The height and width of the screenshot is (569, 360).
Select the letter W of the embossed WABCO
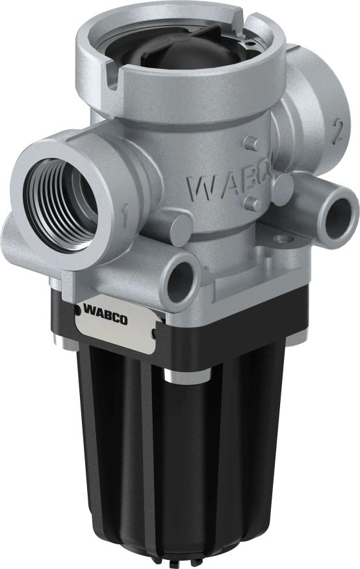coord(198,188)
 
